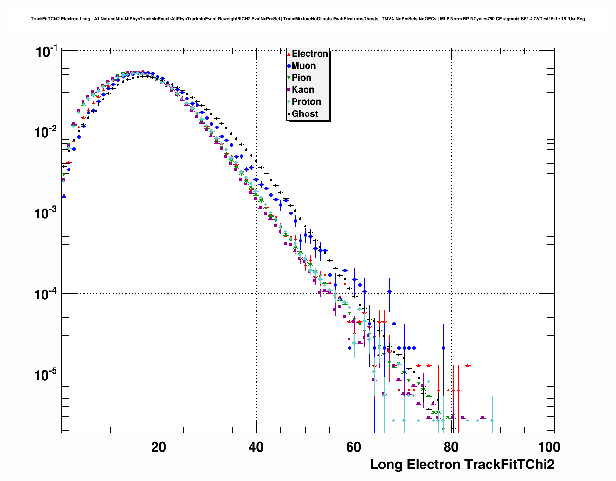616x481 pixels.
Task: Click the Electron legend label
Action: [x=310, y=54]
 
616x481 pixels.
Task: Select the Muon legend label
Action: [x=304, y=66]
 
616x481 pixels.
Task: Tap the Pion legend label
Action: [x=301, y=78]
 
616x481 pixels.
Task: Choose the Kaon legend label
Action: [x=303, y=90]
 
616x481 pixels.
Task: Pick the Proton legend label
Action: [x=306, y=102]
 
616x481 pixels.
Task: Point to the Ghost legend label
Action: [x=305, y=114]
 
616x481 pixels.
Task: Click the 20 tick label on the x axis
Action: [x=158, y=447]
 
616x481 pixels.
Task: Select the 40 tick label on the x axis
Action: [x=256, y=447]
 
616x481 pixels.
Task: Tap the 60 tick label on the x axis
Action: [x=354, y=447]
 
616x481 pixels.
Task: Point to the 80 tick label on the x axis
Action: [x=451, y=447]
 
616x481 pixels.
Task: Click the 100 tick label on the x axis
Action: [x=549, y=447]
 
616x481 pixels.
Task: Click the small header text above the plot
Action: [x=308, y=19]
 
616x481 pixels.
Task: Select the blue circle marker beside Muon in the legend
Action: [x=289, y=66]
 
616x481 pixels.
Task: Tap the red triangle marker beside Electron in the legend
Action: [x=289, y=54]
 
